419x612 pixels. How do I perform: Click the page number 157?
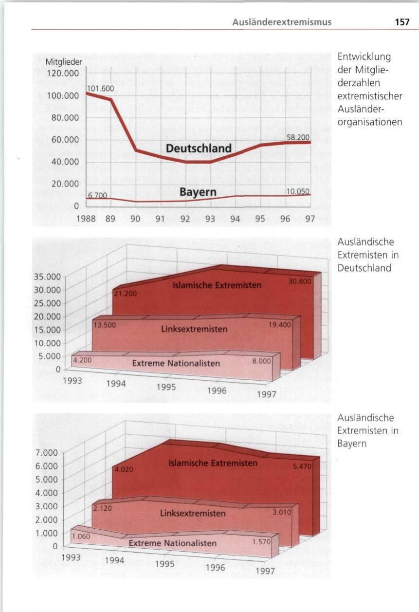tap(402, 22)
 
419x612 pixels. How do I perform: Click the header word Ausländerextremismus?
tap(282, 22)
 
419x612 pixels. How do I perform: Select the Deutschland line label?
tap(199, 148)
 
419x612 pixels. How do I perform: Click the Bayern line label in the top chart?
tap(198, 192)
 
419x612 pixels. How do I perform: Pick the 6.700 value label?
tap(97, 195)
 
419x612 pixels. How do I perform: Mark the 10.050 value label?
tap(298, 192)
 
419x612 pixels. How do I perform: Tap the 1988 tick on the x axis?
tap(86, 219)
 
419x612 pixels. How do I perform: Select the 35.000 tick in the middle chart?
tap(47, 277)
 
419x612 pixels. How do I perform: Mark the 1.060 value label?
tap(81, 537)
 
